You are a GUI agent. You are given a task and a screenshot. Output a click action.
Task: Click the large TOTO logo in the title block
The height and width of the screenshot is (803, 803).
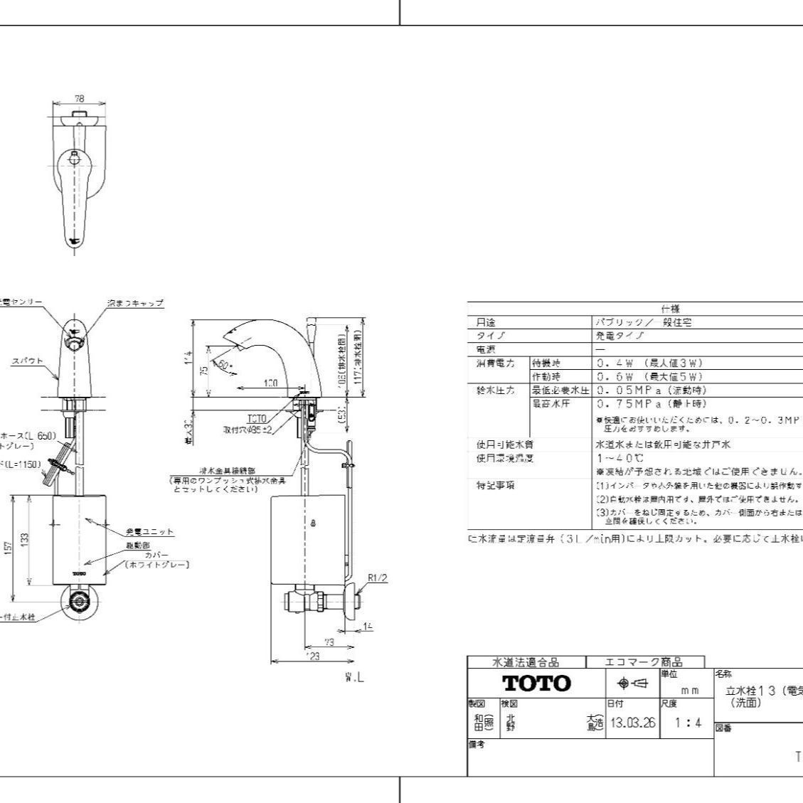click(x=536, y=683)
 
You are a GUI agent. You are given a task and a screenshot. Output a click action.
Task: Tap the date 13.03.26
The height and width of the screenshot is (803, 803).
click(x=630, y=723)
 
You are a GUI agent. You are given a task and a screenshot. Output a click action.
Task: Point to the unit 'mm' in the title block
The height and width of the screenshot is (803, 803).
click(x=689, y=689)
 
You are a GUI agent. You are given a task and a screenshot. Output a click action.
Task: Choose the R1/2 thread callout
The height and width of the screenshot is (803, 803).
click(x=378, y=577)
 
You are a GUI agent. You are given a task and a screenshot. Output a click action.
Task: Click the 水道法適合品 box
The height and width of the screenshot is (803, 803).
click(x=526, y=662)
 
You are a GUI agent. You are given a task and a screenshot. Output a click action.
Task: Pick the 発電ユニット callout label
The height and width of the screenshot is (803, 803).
click(x=150, y=531)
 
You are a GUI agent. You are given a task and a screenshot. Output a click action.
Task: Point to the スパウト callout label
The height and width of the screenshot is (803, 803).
click(x=27, y=361)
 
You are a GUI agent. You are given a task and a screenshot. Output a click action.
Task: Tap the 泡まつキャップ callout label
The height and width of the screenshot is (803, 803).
click(x=135, y=303)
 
